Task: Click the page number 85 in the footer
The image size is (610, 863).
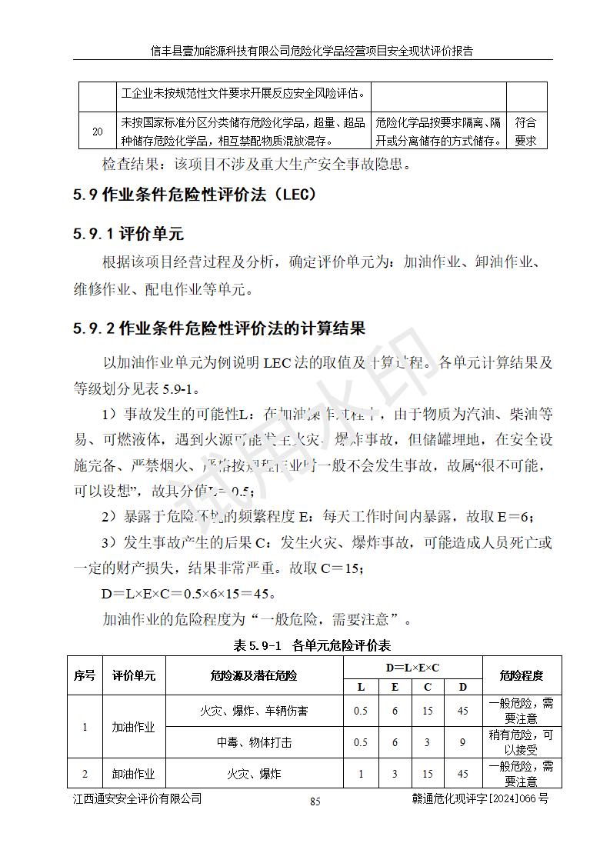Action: tap(315, 801)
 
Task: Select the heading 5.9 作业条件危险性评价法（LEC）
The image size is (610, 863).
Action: tap(195, 195)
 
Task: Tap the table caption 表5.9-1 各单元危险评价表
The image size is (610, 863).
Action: tap(312, 645)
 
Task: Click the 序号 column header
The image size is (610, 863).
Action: tap(85, 676)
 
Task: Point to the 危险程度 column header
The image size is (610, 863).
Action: tap(521, 676)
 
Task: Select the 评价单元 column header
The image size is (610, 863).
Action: tap(134, 676)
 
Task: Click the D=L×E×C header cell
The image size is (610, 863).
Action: tap(412, 668)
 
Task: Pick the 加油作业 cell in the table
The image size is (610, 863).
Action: tap(134, 727)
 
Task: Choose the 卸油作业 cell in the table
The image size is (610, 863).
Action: tap(134, 774)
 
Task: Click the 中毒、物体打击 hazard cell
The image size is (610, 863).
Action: tap(254, 743)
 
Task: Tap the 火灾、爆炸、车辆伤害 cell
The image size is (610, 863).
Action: tap(254, 711)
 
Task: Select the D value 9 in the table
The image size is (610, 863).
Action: tap(462, 743)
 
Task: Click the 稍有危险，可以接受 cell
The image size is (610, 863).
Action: tap(521, 743)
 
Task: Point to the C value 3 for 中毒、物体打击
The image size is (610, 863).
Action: tap(428, 743)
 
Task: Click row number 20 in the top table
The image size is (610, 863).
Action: tap(98, 132)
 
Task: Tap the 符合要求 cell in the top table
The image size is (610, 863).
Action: tap(526, 132)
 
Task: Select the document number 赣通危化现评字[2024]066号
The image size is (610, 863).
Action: tap(480, 799)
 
